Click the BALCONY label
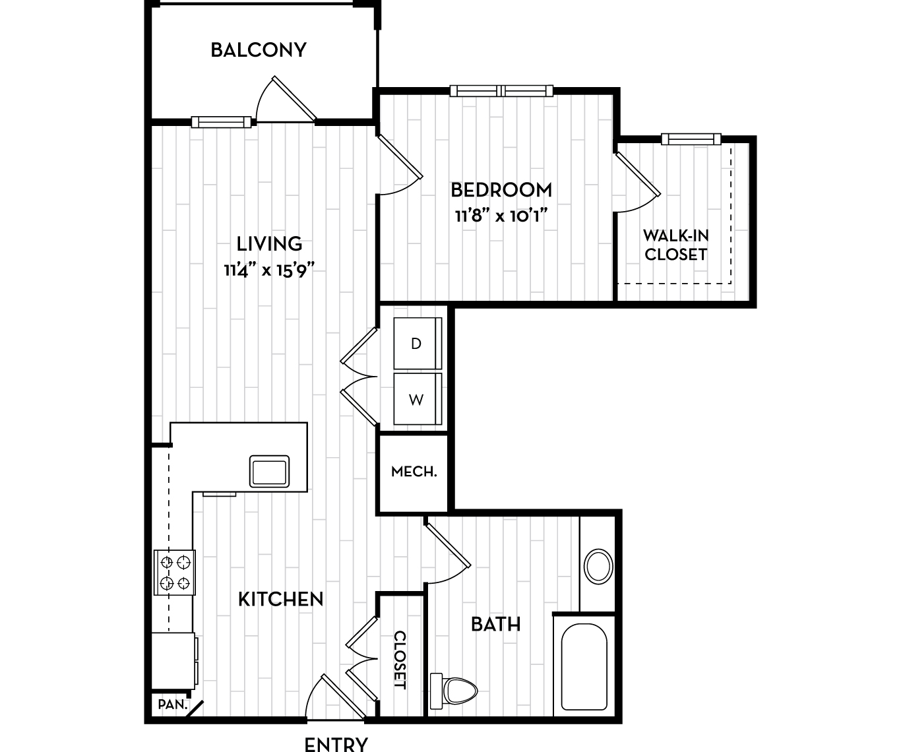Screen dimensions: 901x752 [x=259, y=50]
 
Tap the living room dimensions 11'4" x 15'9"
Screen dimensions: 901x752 [x=269, y=270]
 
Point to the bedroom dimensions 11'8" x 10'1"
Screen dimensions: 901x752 [x=501, y=216]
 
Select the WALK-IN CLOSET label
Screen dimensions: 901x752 [x=675, y=245]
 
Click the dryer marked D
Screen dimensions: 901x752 [x=418, y=344]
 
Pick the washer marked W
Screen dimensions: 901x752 [x=418, y=399]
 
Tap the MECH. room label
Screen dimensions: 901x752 [x=414, y=472]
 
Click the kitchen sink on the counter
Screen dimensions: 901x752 [x=269, y=471]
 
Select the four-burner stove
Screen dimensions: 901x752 [x=175, y=573]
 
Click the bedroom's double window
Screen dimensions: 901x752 [x=501, y=90]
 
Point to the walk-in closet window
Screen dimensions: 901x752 [x=691, y=139]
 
